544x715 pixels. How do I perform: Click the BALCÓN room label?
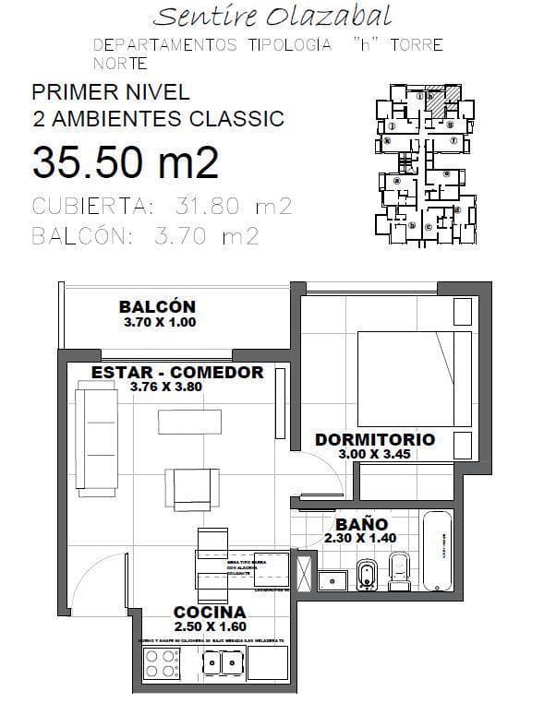pyautogui.click(x=157, y=307)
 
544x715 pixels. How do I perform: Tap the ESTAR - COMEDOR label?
pyautogui.click(x=177, y=373)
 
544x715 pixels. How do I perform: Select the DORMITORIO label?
pyautogui.click(x=374, y=440)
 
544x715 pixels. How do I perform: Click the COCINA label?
pyautogui.click(x=210, y=612)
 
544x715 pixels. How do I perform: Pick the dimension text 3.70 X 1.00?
pyautogui.click(x=159, y=323)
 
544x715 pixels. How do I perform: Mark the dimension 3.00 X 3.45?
pyautogui.click(x=374, y=454)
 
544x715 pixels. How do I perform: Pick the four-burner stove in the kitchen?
pyautogui.click(x=163, y=664)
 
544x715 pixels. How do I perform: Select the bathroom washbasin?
pyautogui.click(x=332, y=579)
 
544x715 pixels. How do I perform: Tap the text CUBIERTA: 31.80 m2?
pyautogui.click(x=162, y=206)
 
